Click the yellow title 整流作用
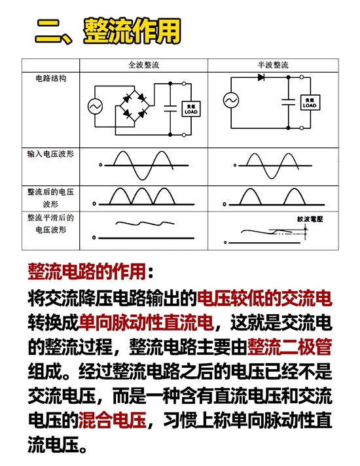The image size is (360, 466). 132,31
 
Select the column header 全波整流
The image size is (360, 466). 143,65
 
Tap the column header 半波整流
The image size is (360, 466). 273,65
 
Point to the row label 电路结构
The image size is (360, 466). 51,79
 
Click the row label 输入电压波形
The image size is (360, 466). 50,154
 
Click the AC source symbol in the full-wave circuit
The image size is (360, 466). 95,107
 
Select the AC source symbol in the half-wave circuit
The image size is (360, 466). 231,100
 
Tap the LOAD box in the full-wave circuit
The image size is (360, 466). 191,109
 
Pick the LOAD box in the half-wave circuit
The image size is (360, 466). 310,103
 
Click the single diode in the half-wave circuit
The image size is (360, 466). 261,78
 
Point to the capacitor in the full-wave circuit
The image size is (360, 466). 170,109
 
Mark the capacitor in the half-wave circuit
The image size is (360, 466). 288,102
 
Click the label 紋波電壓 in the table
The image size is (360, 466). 310,219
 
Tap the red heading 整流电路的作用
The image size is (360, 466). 87,272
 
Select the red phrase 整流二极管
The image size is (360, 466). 289,346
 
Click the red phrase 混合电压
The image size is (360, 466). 113,420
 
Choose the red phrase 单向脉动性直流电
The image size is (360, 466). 146,322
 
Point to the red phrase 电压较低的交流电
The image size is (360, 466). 264,298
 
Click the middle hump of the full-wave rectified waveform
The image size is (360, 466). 142,196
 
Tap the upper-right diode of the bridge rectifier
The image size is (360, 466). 142,98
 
